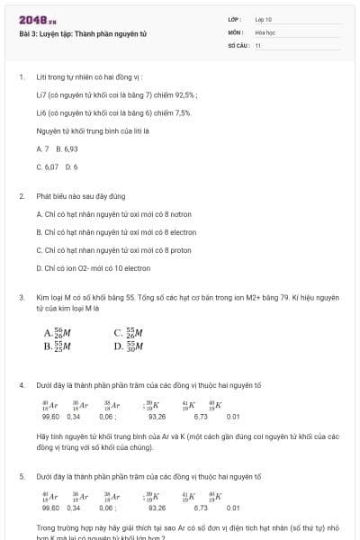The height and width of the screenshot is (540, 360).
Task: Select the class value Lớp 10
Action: click(264, 19)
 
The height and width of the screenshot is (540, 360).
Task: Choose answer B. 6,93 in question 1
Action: click(67, 148)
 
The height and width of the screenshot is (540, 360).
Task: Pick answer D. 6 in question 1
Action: click(72, 166)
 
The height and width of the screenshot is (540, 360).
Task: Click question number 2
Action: click(21, 195)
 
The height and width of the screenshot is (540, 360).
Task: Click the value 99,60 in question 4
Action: click(50, 417)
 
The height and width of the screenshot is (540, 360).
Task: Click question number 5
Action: click(21, 475)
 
